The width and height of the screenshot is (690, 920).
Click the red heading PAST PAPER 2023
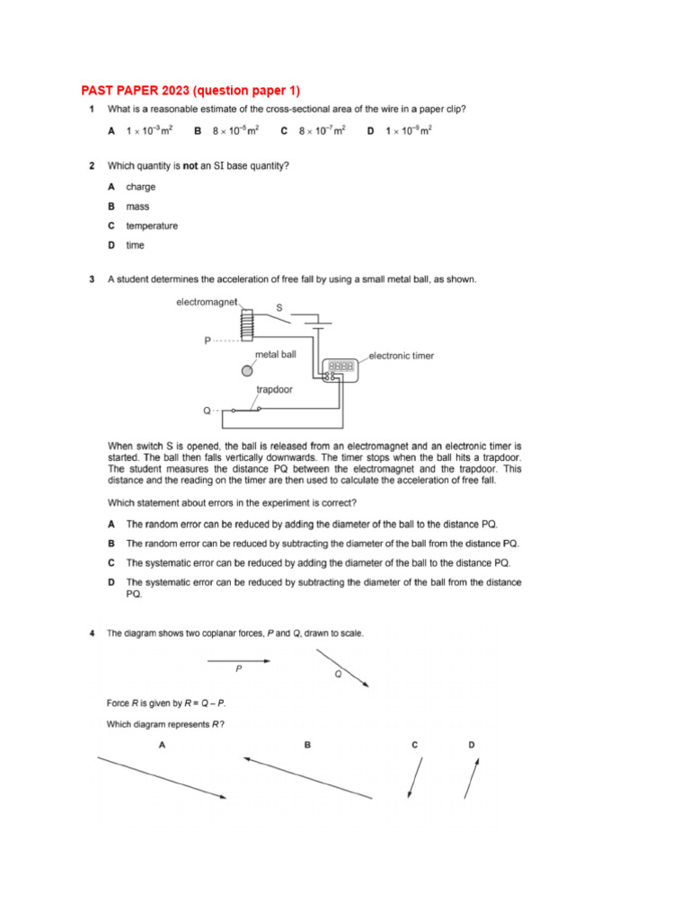click(x=190, y=90)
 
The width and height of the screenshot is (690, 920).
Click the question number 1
click(x=92, y=110)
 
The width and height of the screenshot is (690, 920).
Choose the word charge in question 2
click(x=140, y=187)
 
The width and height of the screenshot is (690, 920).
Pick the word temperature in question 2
click(x=152, y=226)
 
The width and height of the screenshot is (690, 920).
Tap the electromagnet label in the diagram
click(x=206, y=303)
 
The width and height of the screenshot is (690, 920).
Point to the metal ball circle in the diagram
click(x=247, y=369)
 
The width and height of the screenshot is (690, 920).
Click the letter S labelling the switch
click(x=279, y=308)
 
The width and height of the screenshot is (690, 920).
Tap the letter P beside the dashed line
click(x=207, y=341)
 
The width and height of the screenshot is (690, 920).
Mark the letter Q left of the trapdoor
click(x=207, y=411)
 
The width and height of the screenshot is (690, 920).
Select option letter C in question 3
click(x=111, y=562)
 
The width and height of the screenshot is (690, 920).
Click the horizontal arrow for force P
click(x=239, y=661)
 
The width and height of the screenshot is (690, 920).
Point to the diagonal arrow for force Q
click(x=342, y=668)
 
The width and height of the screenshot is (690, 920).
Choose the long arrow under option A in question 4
click(x=162, y=778)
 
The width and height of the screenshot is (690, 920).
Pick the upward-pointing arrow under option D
click(x=472, y=778)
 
